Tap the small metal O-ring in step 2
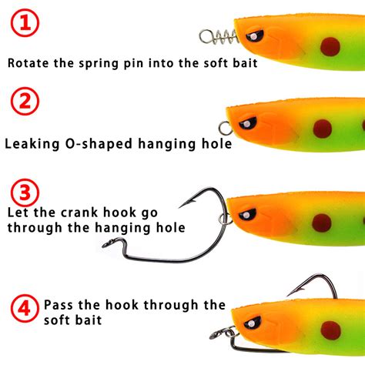tap(225, 129)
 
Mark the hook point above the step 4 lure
tap(290, 293)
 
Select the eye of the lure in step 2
tap(249, 122)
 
